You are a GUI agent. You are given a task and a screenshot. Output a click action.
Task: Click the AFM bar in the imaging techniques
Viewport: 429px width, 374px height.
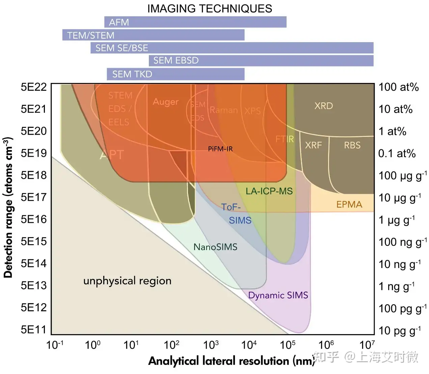coord(195,22)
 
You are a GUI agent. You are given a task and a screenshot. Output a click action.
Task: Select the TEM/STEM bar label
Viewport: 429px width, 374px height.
coord(91,35)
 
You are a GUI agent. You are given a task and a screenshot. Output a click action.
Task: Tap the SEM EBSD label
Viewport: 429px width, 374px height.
coord(176,60)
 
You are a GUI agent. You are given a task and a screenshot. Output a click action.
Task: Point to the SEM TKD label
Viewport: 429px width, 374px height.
coord(132,74)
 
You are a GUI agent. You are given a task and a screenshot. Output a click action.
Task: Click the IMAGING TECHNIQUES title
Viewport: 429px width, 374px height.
coord(210,8)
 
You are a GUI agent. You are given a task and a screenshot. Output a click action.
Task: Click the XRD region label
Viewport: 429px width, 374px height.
coord(324,106)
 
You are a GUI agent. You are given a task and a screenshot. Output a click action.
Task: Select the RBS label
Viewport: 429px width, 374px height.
coord(352,145)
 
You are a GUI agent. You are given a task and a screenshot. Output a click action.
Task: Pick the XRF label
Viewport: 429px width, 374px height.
coord(314,145)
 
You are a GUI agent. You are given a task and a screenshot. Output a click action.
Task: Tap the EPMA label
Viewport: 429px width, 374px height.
coord(349,204)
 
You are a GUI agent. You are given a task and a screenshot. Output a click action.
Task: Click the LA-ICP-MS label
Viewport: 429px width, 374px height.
coord(269,191)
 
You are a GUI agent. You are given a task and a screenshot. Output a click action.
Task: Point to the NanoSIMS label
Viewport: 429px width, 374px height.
coord(215,247)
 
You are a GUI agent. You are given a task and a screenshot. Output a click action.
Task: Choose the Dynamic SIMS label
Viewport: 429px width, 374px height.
coord(278,295)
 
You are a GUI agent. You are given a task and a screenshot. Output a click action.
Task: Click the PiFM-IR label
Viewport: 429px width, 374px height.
coord(220,149)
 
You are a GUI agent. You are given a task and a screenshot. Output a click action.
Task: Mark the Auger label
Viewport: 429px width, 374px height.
coord(165,102)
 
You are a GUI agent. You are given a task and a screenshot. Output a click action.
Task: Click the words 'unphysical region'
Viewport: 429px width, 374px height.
coord(127,281)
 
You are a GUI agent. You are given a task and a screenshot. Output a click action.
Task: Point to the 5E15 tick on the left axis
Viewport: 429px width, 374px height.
coord(33,241)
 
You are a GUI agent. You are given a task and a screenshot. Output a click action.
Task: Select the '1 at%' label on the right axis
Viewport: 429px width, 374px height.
coord(392,131)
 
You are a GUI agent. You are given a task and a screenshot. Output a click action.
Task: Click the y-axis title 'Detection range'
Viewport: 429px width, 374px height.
coord(8,207)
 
